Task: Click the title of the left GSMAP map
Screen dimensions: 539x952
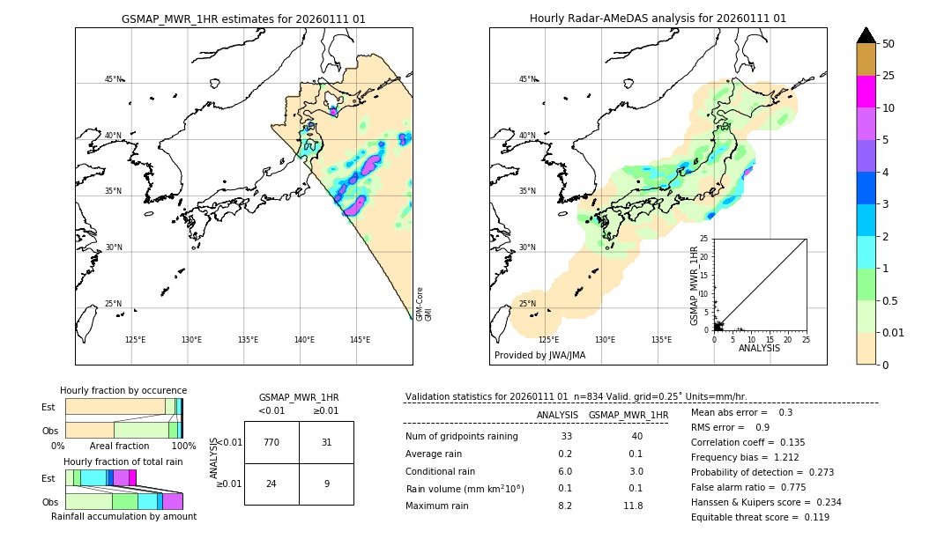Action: pos(243,18)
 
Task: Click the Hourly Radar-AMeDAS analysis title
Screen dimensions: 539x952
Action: pos(658,18)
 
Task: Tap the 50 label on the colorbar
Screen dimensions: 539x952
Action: pos(889,44)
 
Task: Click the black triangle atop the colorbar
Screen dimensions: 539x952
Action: pos(866,35)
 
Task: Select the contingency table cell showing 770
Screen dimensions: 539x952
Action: pos(271,442)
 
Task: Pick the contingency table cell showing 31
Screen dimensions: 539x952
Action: pos(326,442)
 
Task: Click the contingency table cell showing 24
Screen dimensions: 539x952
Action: pos(271,484)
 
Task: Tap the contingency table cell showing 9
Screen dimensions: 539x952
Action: pos(326,484)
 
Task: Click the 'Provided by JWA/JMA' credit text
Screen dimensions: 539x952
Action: pos(539,356)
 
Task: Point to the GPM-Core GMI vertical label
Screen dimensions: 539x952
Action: pos(423,304)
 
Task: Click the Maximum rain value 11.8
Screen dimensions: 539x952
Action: pos(635,506)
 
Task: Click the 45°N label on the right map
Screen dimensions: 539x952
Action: pos(526,79)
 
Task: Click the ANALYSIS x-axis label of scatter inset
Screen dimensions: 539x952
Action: pos(758,348)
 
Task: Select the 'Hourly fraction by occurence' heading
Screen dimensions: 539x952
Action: pos(123,390)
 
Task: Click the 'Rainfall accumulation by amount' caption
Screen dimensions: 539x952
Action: pos(123,516)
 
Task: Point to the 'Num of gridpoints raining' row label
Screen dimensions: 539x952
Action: pos(461,437)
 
